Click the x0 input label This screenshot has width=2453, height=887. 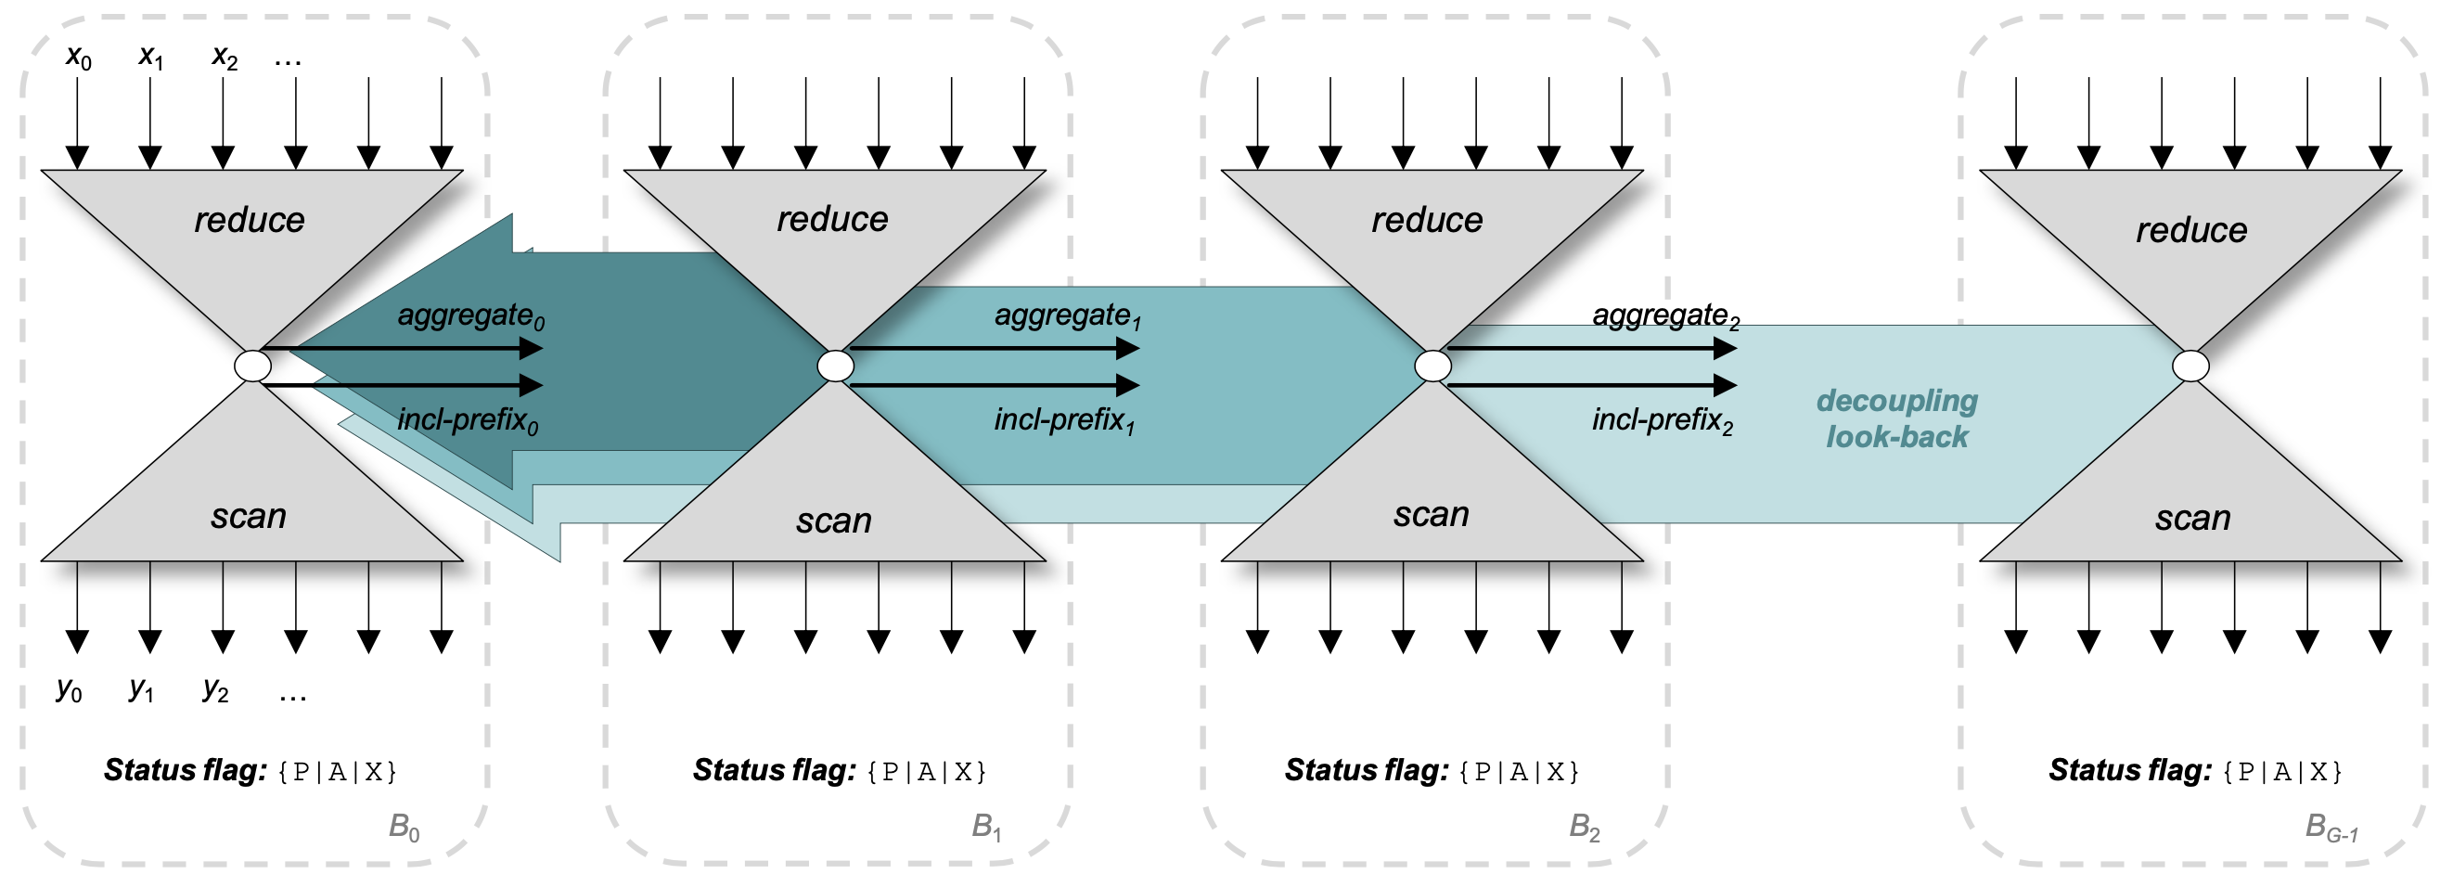(78, 58)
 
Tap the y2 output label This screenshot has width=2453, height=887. (215, 688)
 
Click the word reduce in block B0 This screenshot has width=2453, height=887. (250, 220)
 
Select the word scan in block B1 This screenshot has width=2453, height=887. (833, 521)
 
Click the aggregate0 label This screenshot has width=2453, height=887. (470, 315)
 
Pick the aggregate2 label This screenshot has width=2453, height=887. (1665, 315)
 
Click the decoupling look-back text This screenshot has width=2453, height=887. (1896, 418)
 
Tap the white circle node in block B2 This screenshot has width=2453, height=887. (1432, 366)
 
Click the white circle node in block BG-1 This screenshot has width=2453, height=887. (2190, 366)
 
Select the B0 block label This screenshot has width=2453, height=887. (404, 826)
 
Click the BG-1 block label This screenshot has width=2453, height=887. (2331, 827)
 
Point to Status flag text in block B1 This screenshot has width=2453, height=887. (774, 770)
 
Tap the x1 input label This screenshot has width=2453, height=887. (150, 58)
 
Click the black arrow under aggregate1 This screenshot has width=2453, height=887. (995, 349)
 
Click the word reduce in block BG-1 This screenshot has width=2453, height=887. (2191, 229)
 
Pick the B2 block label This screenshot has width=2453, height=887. (1585, 826)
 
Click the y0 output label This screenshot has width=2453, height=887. (69, 688)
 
